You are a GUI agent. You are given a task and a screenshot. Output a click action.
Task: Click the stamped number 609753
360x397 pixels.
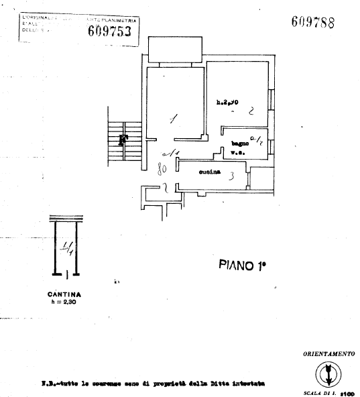pos(113,30)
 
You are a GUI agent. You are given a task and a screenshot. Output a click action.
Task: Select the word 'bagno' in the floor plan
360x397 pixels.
pos(240,144)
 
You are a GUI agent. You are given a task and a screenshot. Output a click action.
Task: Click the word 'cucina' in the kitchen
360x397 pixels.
pos(210,174)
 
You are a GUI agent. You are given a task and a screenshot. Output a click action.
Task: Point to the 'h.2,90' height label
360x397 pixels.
pos(228,103)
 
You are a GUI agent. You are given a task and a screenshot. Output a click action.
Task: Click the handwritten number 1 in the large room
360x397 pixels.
pos(174,121)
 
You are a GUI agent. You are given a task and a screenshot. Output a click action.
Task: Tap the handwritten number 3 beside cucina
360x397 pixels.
pos(230,176)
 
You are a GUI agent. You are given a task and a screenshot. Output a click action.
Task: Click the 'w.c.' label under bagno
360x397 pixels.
pos(237,153)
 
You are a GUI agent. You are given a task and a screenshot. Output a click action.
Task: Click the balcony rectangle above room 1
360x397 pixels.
pos(175,49)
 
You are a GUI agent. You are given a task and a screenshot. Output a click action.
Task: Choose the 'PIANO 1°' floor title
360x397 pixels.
pos(243,265)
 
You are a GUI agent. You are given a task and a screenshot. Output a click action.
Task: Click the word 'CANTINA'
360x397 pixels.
pos(66,294)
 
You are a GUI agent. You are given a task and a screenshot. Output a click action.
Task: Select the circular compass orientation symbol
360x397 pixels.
pos(328,372)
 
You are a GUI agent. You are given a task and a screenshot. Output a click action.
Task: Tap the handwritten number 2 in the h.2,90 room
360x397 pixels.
pos(250,114)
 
